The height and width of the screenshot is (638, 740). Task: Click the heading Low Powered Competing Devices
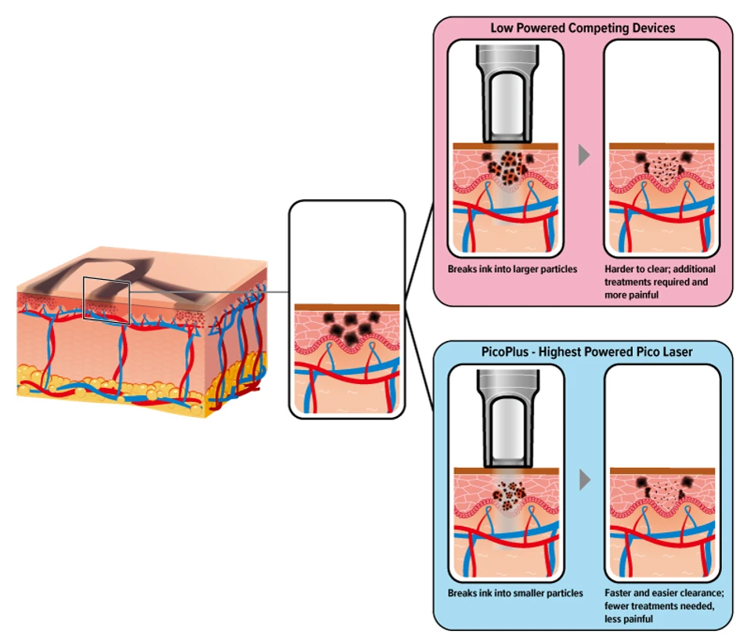coord(583,27)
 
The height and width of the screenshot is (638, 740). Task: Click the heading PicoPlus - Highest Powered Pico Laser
coord(583,352)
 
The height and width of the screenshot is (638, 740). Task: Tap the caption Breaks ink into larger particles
coord(512,269)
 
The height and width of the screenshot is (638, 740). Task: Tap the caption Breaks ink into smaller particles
coord(515,593)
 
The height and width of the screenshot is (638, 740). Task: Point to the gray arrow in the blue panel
coord(583,480)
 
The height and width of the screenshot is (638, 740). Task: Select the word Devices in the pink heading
coord(653,27)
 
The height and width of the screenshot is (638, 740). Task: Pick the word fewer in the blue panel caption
coord(619,606)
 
